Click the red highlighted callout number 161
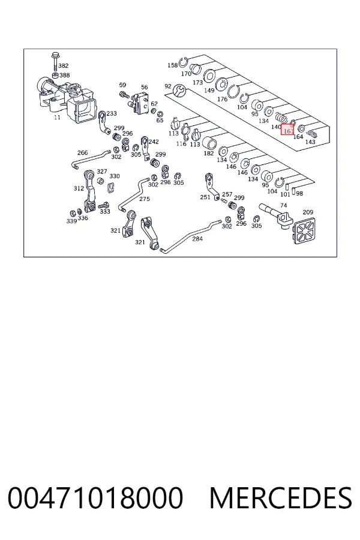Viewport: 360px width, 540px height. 288,131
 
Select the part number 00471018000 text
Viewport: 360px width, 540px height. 95,498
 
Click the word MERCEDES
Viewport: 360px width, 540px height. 281,498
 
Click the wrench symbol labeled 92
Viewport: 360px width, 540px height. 179,91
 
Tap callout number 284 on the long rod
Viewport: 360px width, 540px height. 197,239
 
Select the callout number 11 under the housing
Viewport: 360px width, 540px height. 57,118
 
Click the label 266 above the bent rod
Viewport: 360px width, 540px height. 82,152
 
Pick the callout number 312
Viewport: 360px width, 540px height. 79,188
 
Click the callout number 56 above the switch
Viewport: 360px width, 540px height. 145,88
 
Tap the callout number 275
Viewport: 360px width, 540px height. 145,199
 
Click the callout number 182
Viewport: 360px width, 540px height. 208,153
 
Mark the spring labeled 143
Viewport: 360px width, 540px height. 312,134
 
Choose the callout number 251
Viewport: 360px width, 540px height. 205,197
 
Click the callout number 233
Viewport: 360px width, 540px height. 111,113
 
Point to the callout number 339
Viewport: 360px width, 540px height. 71,221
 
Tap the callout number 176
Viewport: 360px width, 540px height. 222,99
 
